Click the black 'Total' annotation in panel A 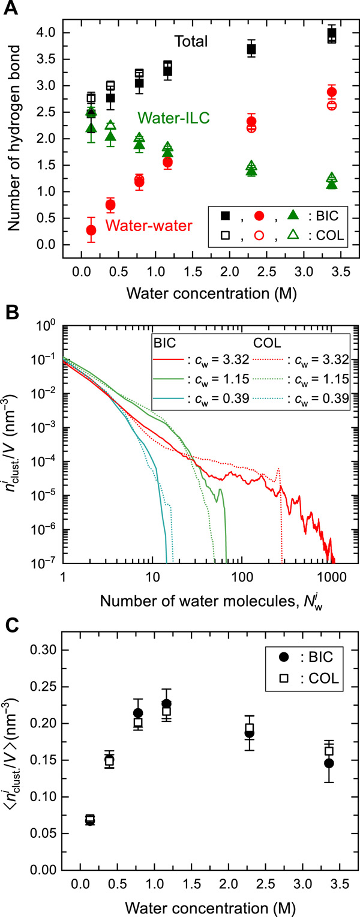coord(191,41)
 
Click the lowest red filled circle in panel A coord(91,230)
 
